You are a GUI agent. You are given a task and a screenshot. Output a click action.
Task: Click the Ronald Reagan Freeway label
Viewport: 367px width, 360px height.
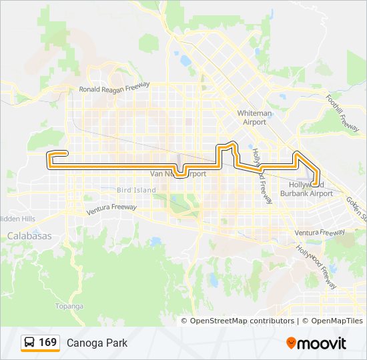(x=114, y=87)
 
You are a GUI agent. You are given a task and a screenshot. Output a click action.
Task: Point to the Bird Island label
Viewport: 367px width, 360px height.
(x=136, y=191)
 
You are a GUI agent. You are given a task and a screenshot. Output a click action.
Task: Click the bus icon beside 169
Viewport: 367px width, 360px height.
(x=30, y=343)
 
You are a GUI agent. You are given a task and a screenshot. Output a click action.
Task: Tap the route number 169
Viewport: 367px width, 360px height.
(x=47, y=343)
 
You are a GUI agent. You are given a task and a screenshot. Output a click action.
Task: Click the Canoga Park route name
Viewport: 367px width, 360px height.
(x=97, y=343)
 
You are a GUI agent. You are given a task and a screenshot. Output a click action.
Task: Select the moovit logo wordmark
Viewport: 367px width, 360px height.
(x=322, y=343)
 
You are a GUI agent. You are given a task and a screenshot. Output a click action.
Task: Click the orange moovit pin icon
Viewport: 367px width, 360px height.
(x=292, y=343)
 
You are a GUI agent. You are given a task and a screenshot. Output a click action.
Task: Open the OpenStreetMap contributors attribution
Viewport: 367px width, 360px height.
(x=242, y=321)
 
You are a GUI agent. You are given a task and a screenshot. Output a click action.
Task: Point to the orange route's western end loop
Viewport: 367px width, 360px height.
(x=51, y=157)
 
